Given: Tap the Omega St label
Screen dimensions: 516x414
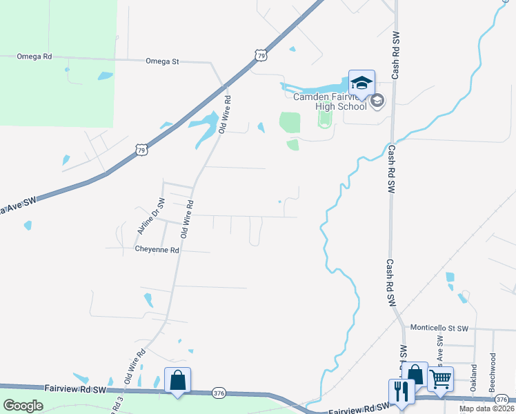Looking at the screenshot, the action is [162, 61].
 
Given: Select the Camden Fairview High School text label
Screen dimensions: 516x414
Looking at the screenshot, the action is [330, 101].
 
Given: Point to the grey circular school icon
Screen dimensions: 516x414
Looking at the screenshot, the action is [377, 101].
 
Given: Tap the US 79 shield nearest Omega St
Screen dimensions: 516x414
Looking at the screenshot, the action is [259, 54].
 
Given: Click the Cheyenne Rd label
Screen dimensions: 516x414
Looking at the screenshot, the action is [157, 249].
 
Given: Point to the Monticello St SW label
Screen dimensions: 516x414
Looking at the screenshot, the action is [439, 328].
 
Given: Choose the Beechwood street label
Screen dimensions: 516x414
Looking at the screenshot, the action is [493, 373].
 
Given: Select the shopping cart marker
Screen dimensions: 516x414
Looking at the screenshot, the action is [440, 379].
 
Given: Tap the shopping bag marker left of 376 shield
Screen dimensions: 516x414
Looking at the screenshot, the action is [177, 381].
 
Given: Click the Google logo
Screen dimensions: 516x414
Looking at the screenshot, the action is [23, 406].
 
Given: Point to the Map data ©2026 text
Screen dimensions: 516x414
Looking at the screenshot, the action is [486, 408].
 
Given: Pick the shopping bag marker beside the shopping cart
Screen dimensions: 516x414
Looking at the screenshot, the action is [415, 375].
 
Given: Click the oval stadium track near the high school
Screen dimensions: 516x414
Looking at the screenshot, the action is [324, 119].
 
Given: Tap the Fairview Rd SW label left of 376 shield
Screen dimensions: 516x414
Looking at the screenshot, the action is [76, 390].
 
